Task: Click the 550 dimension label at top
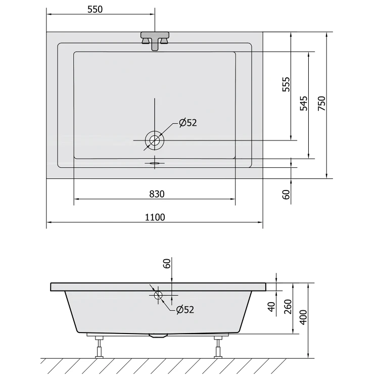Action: (x=95, y=9)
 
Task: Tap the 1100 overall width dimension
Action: (x=155, y=217)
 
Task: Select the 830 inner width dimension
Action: (x=157, y=194)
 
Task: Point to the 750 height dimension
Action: (x=322, y=104)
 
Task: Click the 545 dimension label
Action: (x=304, y=104)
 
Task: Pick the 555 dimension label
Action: (x=286, y=84)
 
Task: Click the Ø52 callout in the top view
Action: (x=188, y=123)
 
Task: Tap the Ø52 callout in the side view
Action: (x=185, y=310)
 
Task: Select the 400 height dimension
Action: (x=303, y=317)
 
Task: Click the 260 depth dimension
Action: (x=288, y=307)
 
